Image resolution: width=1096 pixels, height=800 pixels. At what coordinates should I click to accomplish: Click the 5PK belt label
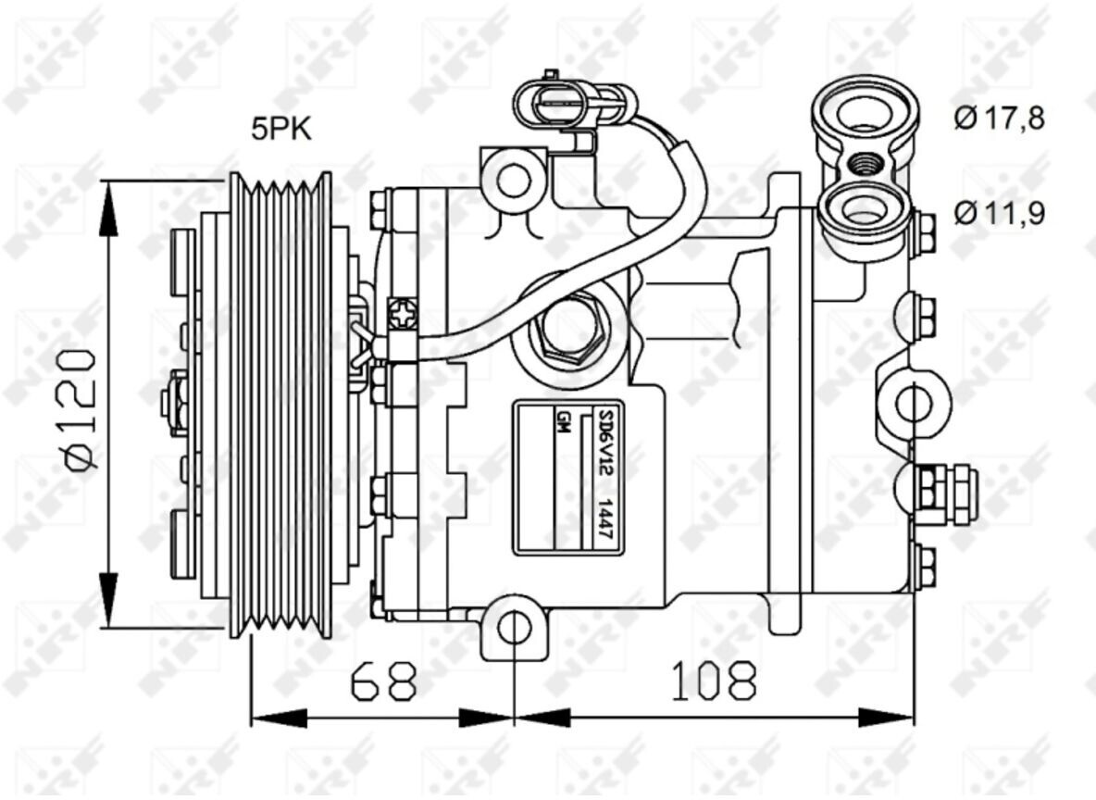point(281,130)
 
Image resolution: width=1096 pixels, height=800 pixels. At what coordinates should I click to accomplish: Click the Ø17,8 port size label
point(999,118)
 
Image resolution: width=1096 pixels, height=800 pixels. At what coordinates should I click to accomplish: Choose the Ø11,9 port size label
point(999,212)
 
